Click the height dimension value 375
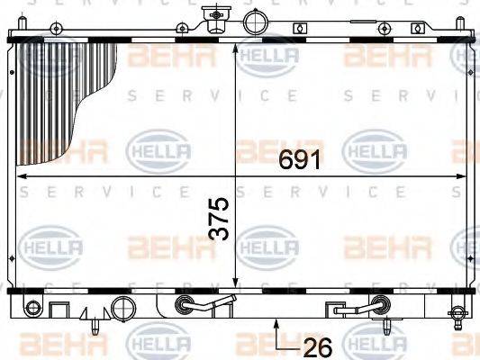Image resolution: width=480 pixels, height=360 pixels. click(x=219, y=218)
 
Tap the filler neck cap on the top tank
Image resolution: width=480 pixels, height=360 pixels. click(x=213, y=15)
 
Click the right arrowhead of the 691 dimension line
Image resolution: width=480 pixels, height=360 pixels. click(x=460, y=176)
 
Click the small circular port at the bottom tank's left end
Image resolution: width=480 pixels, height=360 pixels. click(x=29, y=306)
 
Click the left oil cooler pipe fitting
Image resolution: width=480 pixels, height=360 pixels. click(x=186, y=305)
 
